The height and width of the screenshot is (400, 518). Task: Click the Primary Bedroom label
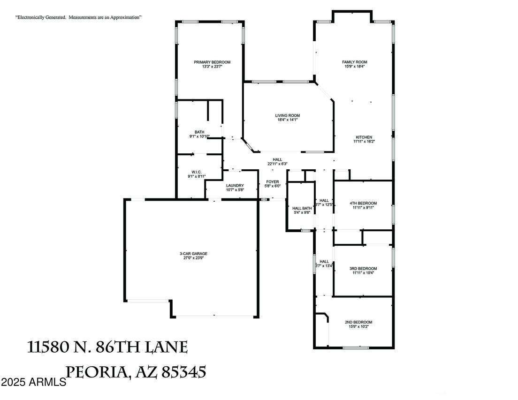coord(212,62)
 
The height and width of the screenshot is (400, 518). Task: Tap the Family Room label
coord(354,62)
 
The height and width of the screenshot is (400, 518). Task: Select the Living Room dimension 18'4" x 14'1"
coord(287,120)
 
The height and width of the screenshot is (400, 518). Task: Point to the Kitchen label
coord(364,137)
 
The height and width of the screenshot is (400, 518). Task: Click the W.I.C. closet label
coord(197,172)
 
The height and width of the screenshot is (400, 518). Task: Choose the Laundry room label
coord(235,185)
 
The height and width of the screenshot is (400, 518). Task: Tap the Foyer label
coord(273,181)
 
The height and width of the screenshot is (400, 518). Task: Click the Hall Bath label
coord(302,208)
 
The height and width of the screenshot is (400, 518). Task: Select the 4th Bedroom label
coord(363,203)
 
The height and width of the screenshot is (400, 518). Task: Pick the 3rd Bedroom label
coord(363,269)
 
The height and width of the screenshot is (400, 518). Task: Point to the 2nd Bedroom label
coord(358,322)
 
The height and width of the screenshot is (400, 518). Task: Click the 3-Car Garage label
coord(193,254)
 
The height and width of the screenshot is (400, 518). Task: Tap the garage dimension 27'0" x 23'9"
coord(193,258)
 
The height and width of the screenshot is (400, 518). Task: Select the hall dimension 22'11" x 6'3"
coord(277,164)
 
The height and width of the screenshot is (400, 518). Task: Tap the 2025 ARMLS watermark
coord(33,382)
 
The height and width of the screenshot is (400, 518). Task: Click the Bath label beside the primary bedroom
coord(199,132)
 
